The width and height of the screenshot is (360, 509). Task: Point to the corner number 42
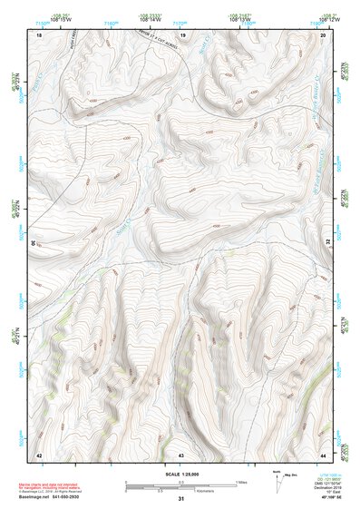(x=39, y=454)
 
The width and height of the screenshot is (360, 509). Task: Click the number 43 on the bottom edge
(x=181, y=454)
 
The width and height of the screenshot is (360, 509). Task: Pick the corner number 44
(x=324, y=454)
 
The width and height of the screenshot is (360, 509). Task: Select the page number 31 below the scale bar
(x=181, y=499)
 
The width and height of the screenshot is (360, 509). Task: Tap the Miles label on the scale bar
(x=240, y=481)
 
